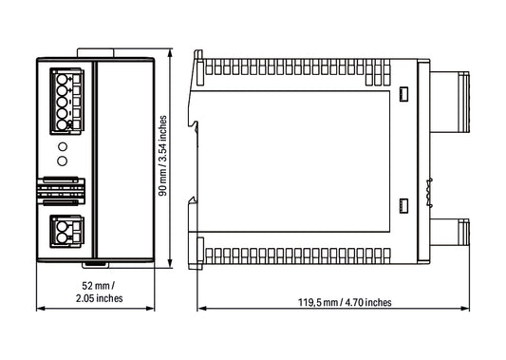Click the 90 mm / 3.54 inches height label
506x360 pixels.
click(163, 156)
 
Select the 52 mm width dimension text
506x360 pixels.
click(99, 286)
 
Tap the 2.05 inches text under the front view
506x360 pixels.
click(100, 298)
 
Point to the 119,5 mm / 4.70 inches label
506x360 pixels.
click(345, 302)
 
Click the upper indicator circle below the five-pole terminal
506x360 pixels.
click(63, 146)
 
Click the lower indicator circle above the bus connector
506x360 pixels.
click(63, 161)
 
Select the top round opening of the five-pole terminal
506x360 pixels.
click(62, 79)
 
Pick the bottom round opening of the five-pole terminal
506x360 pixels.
click(62, 125)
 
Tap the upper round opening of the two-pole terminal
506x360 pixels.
click(62, 225)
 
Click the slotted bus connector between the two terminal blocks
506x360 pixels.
click(61, 191)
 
